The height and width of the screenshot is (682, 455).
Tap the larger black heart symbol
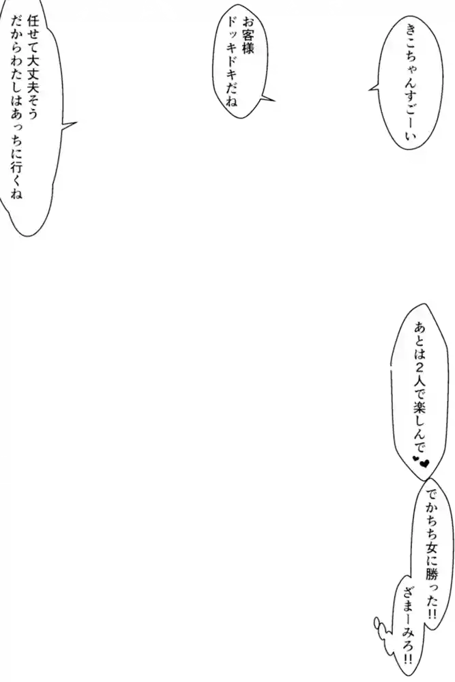pos(424,464)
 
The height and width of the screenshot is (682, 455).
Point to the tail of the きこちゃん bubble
pos(372,87)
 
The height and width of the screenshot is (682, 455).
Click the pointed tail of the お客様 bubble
pos(271,100)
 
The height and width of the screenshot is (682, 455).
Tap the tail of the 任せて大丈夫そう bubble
pos(72,124)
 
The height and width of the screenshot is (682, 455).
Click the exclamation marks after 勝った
pos(431,614)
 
